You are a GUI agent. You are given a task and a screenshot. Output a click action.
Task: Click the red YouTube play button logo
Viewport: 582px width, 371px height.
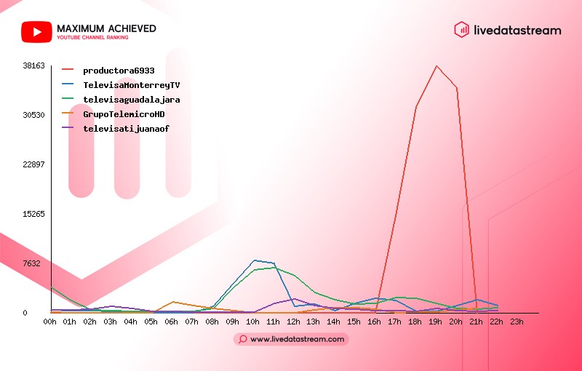click(36, 32)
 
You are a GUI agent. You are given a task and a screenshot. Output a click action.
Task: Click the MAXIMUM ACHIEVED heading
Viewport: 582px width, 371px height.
click(106, 28)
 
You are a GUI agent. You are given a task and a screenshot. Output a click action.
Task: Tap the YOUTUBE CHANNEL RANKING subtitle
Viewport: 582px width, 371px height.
click(92, 38)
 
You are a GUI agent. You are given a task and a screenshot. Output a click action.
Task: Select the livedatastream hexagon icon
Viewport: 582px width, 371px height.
click(461, 30)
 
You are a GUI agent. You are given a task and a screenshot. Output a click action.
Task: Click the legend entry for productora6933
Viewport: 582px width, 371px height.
click(108, 71)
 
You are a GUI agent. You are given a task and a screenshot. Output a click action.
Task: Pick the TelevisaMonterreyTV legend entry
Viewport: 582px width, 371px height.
click(121, 85)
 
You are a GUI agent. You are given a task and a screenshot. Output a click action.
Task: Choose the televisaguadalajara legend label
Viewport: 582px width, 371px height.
click(121, 100)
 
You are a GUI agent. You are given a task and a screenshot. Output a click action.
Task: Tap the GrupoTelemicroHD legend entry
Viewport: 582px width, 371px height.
click(113, 114)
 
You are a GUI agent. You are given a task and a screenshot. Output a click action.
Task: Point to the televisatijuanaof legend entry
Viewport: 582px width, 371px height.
click(116, 128)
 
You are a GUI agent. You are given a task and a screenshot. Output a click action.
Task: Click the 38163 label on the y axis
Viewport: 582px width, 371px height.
click(33, 65)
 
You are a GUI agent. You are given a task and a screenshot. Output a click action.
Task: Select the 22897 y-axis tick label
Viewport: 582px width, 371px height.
click(33, 164)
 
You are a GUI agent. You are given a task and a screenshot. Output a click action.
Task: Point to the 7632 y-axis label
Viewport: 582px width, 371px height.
click(31, 263)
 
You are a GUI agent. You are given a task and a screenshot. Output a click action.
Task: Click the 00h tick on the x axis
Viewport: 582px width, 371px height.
click(49, 322)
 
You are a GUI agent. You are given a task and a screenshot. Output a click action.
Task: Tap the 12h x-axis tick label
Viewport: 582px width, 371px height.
click(293, 322)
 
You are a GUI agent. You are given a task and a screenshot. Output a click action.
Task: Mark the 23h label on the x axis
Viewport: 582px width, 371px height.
click(517, 322)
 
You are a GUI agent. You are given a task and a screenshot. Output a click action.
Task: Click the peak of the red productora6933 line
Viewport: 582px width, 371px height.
click(436, 66)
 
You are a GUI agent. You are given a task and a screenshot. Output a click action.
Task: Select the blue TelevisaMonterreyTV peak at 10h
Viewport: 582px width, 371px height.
click(254, 260)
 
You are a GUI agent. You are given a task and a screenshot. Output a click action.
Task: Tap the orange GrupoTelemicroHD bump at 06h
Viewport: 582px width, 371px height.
click(173, 302)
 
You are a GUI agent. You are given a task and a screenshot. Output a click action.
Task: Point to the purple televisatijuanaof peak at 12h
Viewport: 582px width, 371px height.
click(295, 299)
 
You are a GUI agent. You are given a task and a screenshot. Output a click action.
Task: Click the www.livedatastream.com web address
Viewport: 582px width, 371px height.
click(297, 339)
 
